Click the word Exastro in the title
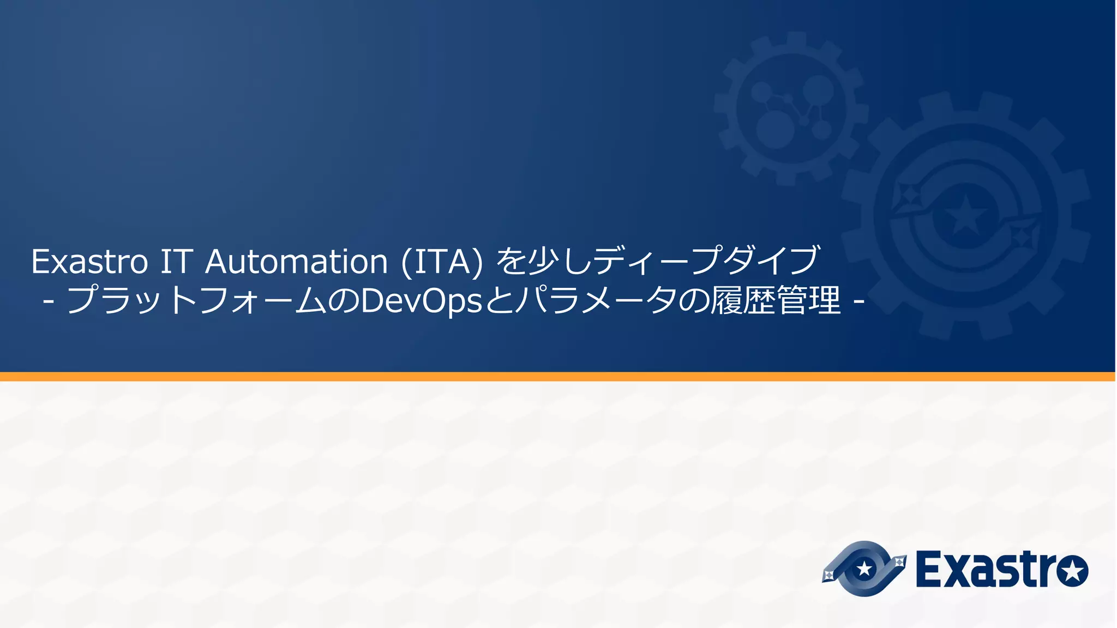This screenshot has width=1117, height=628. click(x=89, y=262)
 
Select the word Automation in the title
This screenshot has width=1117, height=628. click(x=296, y=262)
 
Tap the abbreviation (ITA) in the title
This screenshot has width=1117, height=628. click(x=442, y=262)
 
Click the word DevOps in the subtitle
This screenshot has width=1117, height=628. click(x=422, y=301)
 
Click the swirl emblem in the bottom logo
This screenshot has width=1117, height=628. click(x=864, y=569)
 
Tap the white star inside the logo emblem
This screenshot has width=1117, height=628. click(x=864, y=569)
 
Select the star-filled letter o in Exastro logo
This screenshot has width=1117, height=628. click(x=1072, y=571)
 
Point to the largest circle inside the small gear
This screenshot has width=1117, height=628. click(x=776, y=129)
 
